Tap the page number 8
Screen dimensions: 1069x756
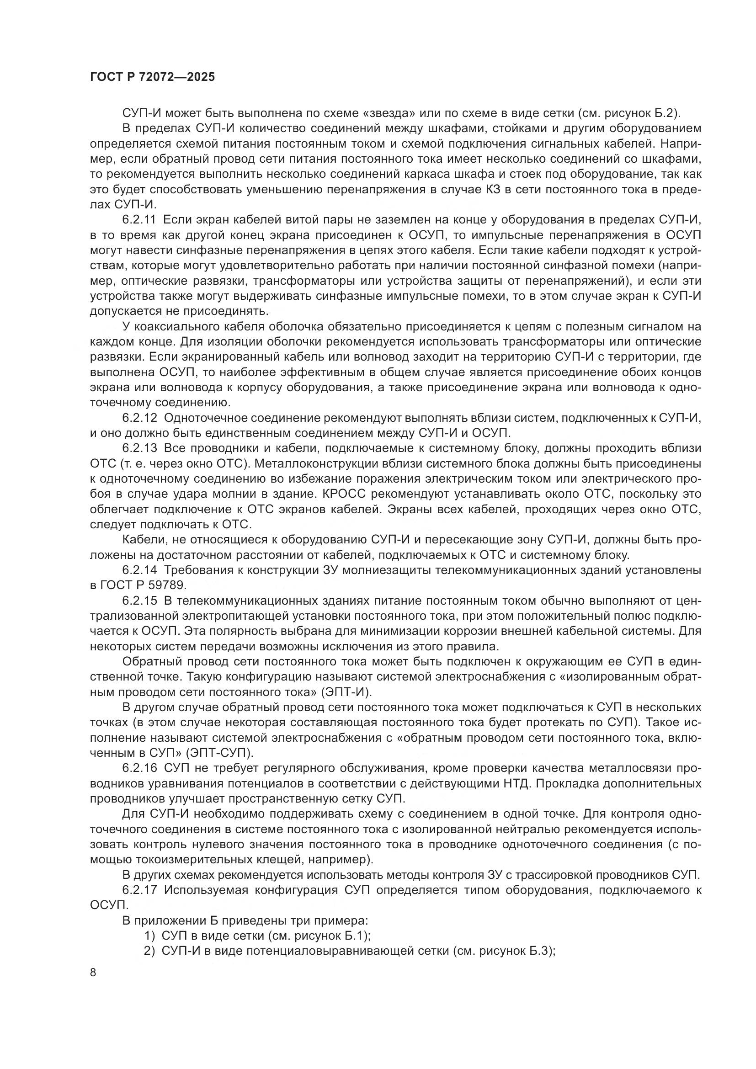(x=93, y=973)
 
